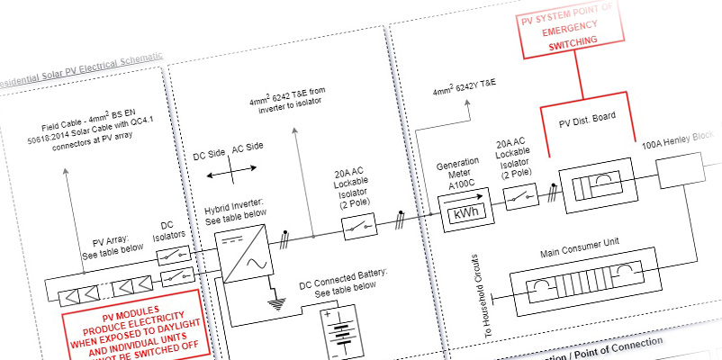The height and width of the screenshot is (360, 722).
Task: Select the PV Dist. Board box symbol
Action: coord(595,189)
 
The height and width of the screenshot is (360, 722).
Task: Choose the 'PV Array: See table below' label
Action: coord(113,246)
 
